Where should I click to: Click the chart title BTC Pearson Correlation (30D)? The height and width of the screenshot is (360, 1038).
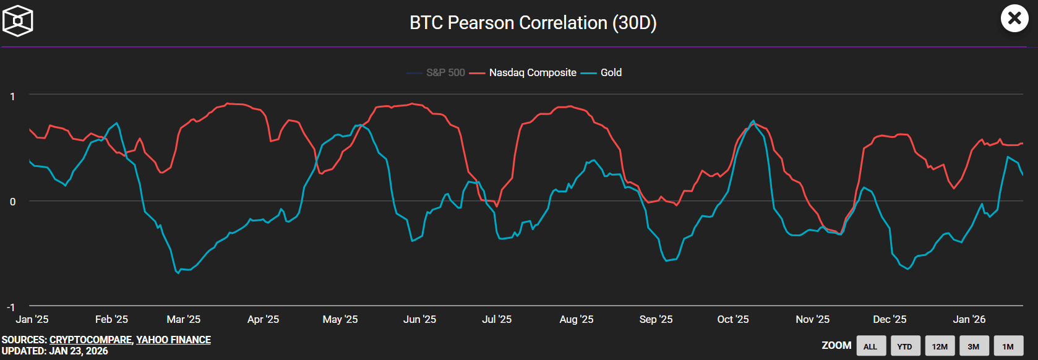533,23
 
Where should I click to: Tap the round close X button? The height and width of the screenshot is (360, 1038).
1014,19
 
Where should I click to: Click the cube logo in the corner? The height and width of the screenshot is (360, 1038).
18,20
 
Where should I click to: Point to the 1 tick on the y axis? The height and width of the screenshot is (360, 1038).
12,96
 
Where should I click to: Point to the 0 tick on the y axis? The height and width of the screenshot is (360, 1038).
12,202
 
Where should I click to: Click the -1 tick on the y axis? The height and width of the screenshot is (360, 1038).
11,307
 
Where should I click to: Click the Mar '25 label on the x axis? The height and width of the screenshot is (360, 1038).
184,319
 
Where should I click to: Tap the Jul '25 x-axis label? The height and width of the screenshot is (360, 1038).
497,319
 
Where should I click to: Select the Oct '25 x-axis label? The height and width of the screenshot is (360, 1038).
733,319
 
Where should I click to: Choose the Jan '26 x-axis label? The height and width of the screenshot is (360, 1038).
969,319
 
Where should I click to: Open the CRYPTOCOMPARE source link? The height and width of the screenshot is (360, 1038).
90,340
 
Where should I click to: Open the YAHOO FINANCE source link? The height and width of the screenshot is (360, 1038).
174,340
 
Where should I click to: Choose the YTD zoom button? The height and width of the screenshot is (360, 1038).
905,346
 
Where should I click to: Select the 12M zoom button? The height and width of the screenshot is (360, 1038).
940,346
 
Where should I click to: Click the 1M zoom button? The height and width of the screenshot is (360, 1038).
1008,346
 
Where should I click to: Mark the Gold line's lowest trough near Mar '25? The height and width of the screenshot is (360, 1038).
178,273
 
